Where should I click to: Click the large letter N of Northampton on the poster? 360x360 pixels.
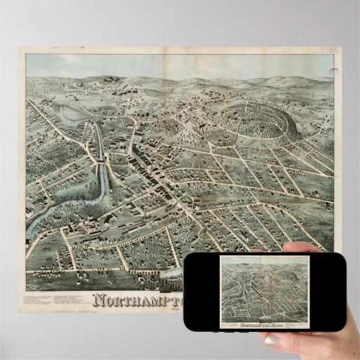pos(100,301)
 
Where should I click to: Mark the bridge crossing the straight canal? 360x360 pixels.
pos(101,162)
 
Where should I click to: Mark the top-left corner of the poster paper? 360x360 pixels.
pos(19,48)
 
